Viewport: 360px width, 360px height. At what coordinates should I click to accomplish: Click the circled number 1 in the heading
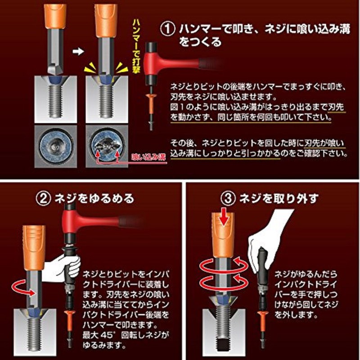[x=168, y=29]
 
